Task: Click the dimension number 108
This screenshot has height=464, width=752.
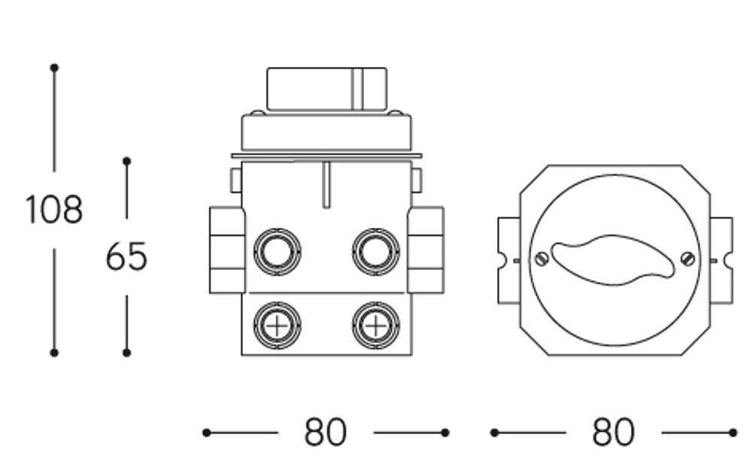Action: (x=53, y=210)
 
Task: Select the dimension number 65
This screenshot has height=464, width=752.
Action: (x=126, y=256)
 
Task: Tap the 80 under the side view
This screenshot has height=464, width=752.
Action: (x=325, y=432)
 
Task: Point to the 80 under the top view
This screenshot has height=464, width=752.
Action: (x=614, y=432)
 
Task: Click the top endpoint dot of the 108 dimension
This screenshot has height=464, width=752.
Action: (x=54, y=68)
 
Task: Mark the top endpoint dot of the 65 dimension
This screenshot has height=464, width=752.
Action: (x=126, y=161)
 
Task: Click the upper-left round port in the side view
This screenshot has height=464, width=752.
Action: (x=277, y=252)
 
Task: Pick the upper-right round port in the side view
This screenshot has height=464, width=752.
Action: (x=376, y=252)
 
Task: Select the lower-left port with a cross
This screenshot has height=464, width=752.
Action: (x=277, y=326)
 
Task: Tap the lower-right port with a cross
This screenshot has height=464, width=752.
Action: (x=376, y=326)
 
